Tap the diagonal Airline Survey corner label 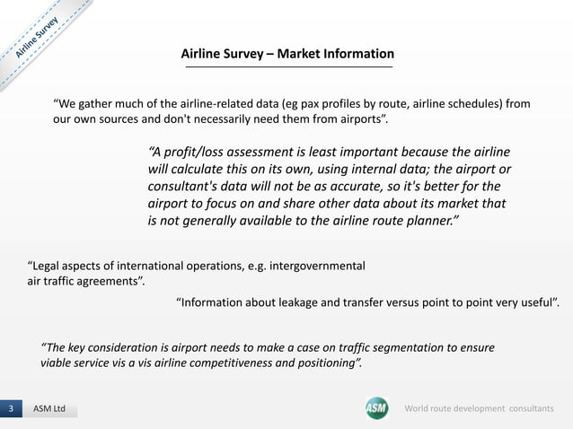click(x=37, y=38)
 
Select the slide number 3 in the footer click(x=11, y=409)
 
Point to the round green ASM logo click(x=376, y=408)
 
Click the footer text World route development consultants click(x=486, y=409)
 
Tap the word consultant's click(x=186, y=187)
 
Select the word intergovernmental click(x=311, y=267)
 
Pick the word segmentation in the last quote click(x=409, y=346)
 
